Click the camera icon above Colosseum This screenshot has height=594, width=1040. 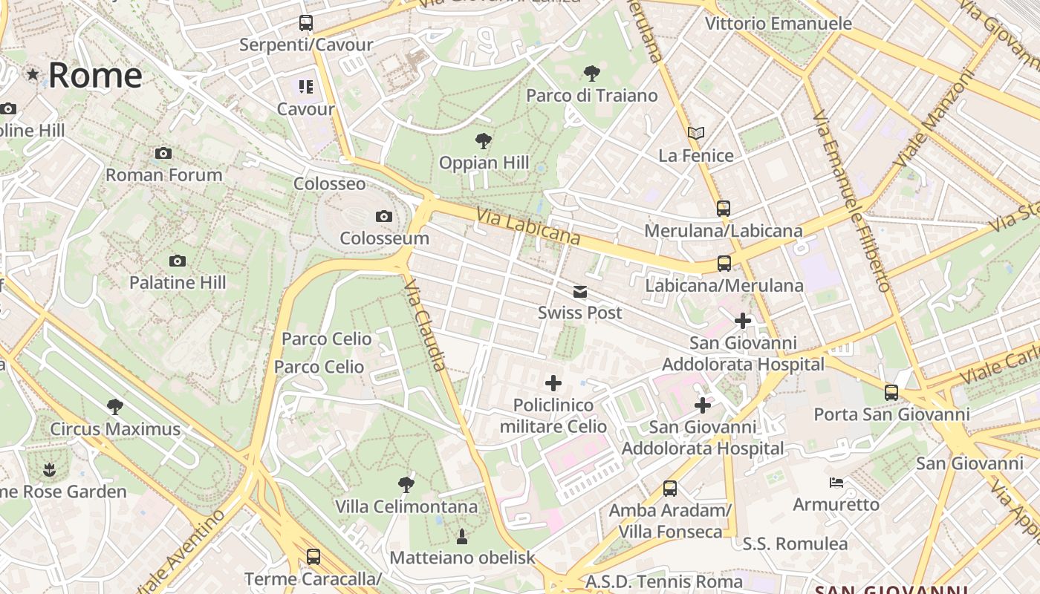(383, 216)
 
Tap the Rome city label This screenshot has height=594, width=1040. (95, 75)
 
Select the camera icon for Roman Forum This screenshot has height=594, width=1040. (163, 154)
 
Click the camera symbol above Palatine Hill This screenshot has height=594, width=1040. (177, 261)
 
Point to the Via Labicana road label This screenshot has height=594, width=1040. (528, 226)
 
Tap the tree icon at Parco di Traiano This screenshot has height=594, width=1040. (592, 73)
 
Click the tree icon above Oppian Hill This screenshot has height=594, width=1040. (484, 140)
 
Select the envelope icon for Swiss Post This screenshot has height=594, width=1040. (580, 292)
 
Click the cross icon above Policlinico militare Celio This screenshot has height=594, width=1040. (553, 383)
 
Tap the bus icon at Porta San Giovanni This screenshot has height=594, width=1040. (891, 392)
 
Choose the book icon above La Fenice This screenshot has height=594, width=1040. (696, 133)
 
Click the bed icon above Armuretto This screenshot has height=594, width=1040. (836, 483)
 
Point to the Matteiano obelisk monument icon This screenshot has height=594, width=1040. (462, 535)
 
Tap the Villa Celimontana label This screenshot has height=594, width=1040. (406, 507)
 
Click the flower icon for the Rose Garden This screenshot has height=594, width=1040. (49, 469)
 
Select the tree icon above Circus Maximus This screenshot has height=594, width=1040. (115, 406)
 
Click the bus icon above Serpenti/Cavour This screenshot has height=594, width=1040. (306, 22)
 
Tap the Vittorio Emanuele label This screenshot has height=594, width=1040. (778, 23)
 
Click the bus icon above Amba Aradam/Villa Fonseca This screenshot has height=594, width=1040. (670, 488)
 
